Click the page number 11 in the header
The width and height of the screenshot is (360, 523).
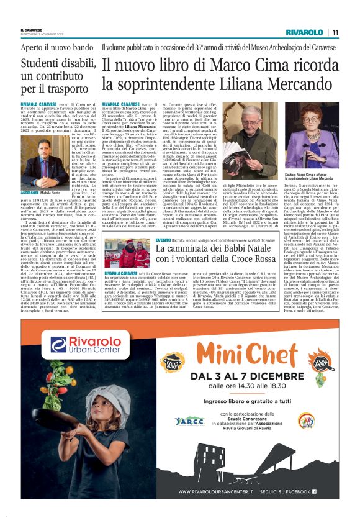click(335, 32)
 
